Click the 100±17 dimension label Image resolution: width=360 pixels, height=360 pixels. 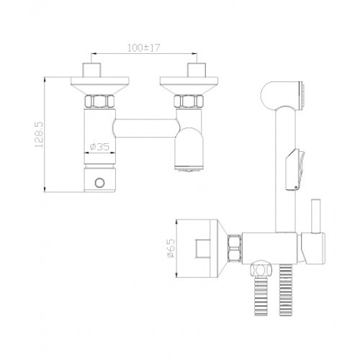tap(143, 48)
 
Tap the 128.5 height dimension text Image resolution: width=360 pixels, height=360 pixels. tap(39, 135)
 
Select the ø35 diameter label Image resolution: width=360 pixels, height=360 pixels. tap(99, 146)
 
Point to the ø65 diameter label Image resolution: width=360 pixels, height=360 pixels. tap(171, 248)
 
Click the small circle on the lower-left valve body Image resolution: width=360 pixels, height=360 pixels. tap(99, 183)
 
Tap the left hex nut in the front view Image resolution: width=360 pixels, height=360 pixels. tap(99, 102)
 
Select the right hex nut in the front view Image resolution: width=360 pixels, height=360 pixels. tap(189, 102)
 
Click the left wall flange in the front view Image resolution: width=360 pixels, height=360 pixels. tap(100, 86)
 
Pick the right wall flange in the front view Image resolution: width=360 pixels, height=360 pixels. tap(189, 86)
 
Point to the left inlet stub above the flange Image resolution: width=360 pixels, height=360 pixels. tap(91, 70)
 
